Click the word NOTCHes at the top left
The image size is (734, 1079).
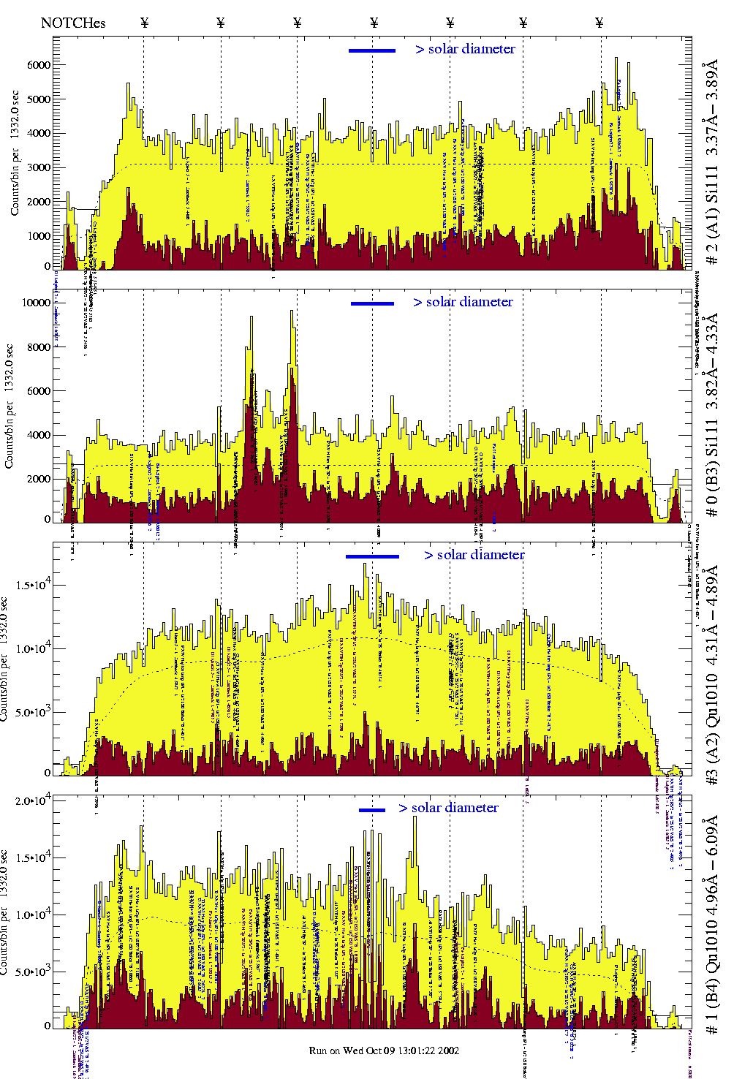[x=73, y=23]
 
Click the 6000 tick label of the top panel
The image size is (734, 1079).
[x=38, y=65]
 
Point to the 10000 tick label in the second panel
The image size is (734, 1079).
[x=36, y=303]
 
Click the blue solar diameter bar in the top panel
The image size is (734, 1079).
[x=372, y=50]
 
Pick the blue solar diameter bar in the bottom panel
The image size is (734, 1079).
[x=372, y=810]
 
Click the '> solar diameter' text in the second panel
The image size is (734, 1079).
[x=463, y=302]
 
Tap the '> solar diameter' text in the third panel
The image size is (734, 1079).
[x=474, y=555]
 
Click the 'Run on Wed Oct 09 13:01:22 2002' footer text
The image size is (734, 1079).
[x=384, y=1050]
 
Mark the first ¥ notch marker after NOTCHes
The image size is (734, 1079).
[x=144, y=23]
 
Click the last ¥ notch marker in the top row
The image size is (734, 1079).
[x=599, y=23]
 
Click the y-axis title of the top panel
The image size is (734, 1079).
[x=15, y=153]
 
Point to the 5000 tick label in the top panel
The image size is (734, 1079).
[x=38, y=99]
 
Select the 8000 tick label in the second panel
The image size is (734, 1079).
[x=38, y=347]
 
